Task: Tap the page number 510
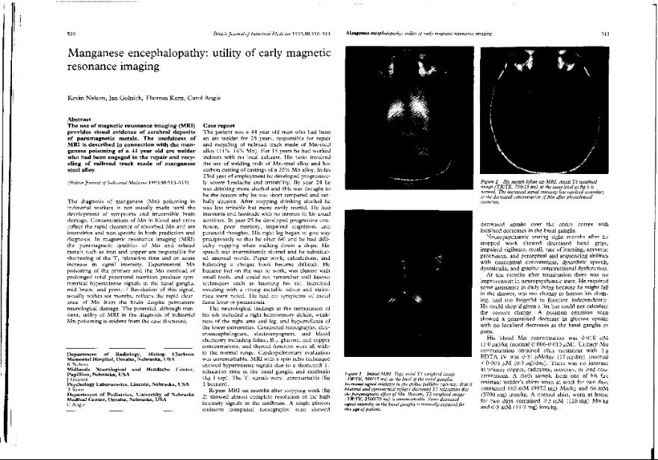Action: coord(72,34)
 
